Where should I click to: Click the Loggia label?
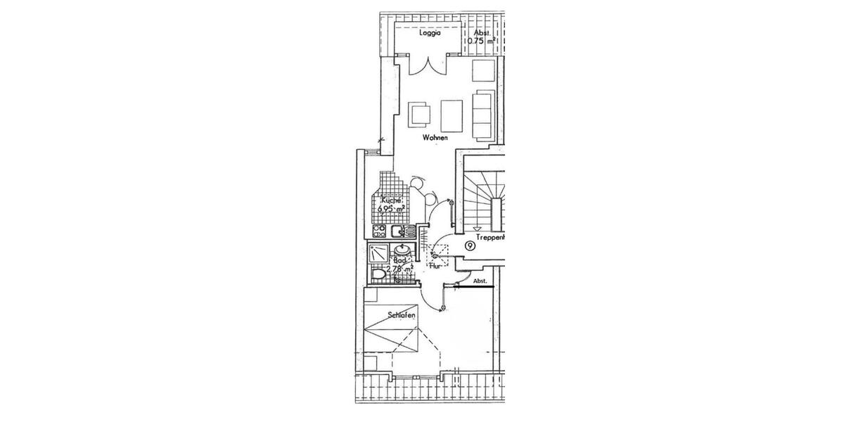430,33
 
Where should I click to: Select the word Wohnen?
435,138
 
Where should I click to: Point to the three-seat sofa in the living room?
482,113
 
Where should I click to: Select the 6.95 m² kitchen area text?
390,210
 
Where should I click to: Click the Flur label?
435,267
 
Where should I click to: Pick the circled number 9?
469,245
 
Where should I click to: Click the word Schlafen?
401,316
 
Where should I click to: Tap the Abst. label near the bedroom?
480,281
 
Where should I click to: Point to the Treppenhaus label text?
491,238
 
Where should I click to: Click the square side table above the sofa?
483,72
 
